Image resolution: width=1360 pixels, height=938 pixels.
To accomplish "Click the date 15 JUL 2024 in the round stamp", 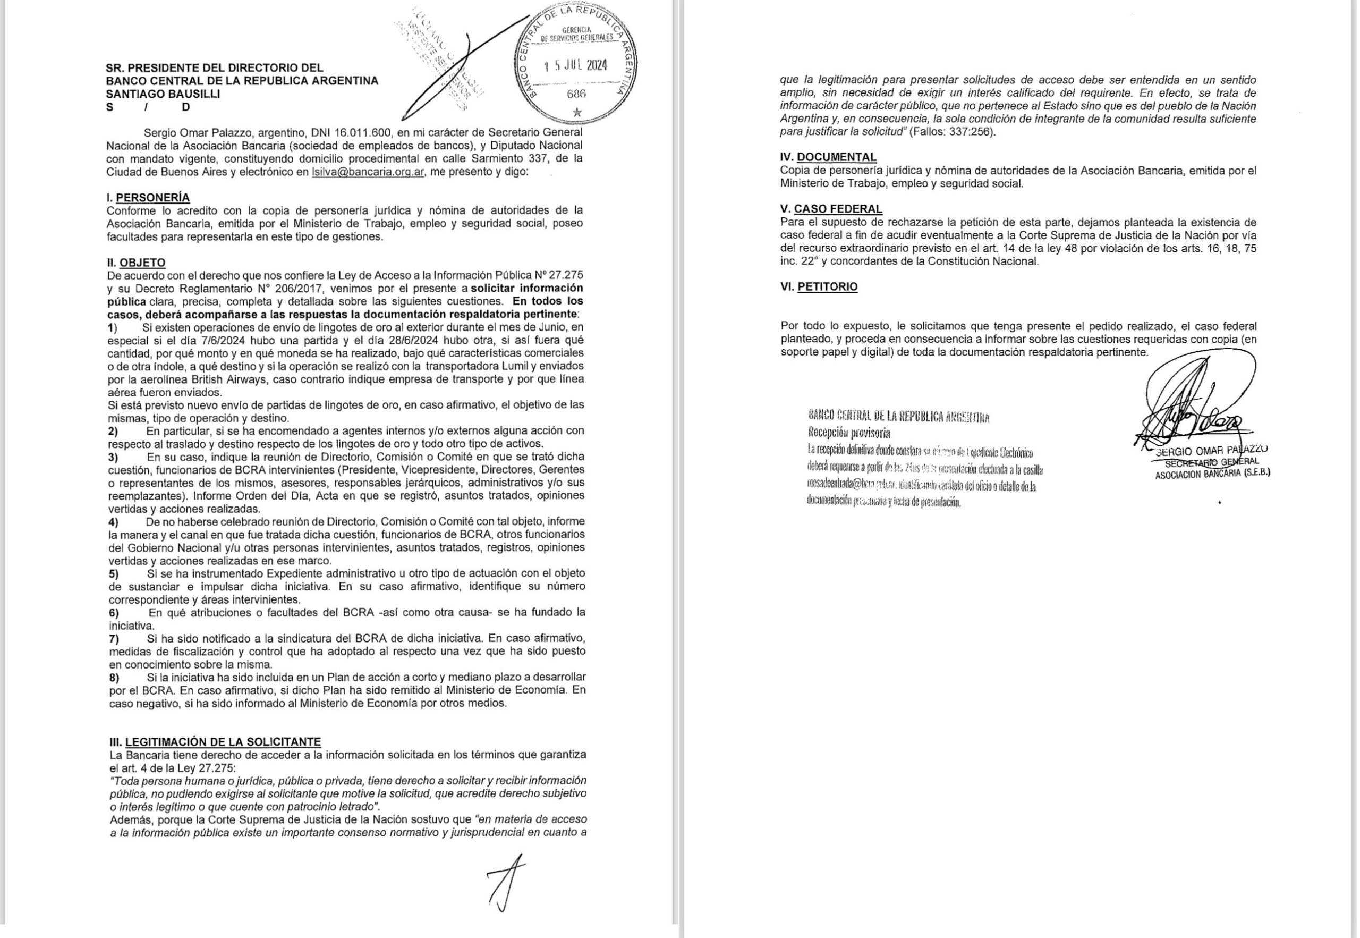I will point(575,65).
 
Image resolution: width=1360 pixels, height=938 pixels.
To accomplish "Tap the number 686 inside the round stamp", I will point(576,94).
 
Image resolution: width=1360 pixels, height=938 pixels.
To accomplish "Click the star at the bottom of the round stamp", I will point(577,112).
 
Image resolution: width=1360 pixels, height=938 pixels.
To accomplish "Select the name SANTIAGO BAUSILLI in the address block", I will point(163,94).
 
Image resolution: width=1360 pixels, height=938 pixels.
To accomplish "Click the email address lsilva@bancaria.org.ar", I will point(368,172).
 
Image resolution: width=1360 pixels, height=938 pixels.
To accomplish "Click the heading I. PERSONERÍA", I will point(148,198).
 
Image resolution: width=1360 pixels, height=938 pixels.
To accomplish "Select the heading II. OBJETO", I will point(137,263).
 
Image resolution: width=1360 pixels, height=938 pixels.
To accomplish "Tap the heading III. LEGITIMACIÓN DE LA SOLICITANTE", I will point(215,742).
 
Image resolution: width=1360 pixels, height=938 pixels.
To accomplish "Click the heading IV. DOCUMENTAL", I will point(828,157).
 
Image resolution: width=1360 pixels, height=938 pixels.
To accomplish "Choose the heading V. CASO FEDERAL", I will point(831,209).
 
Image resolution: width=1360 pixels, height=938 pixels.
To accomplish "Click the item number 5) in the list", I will point(113,573).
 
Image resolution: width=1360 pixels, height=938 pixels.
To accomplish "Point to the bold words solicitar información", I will point(531,288).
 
